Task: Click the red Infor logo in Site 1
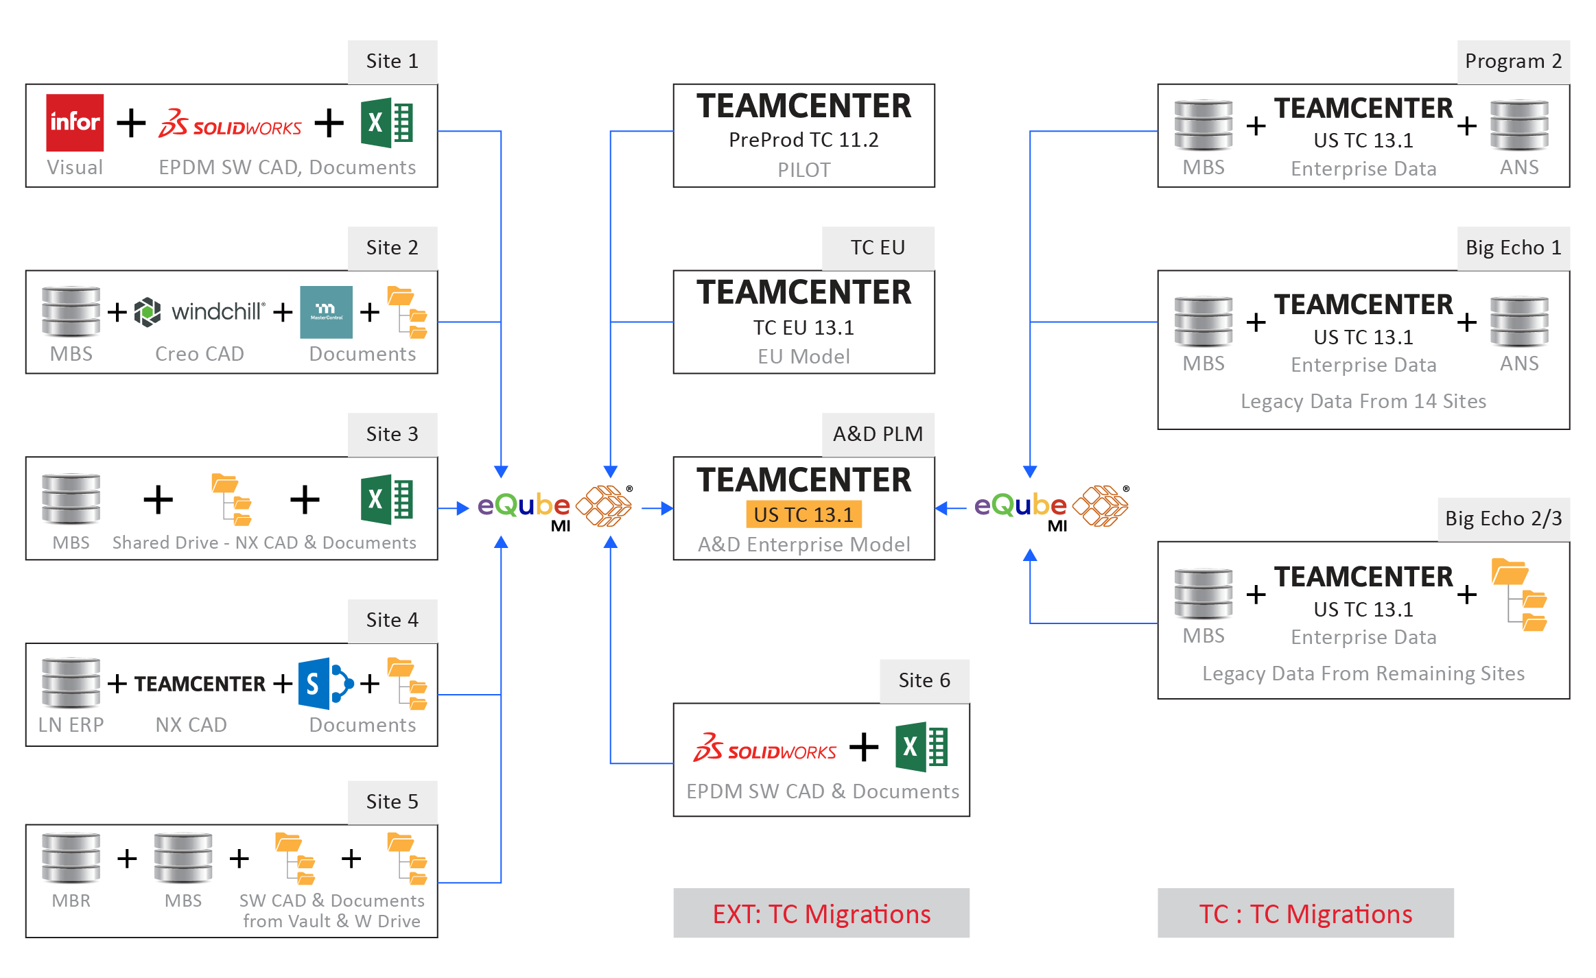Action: click(75, 122)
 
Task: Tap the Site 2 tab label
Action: click(392, 248)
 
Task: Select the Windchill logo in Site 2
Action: click(199, 312)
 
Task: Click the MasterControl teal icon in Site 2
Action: click(326, 312)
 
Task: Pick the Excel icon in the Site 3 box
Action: click(387, 499)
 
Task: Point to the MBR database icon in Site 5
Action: click(71, 857)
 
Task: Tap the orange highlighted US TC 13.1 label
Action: click(803, 514)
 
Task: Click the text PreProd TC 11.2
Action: click(803, 140)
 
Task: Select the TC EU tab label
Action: click(878, 248)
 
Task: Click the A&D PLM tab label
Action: click(878, 434)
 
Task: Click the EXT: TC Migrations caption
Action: click(821, 914)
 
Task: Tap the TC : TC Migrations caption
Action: click(1305, 914)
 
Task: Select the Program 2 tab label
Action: click(1513, 61)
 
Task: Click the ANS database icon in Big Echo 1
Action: click(1518, 321)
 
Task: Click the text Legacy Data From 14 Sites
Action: click(1363, 401)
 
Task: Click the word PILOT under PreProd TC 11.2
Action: click(803, 170)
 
